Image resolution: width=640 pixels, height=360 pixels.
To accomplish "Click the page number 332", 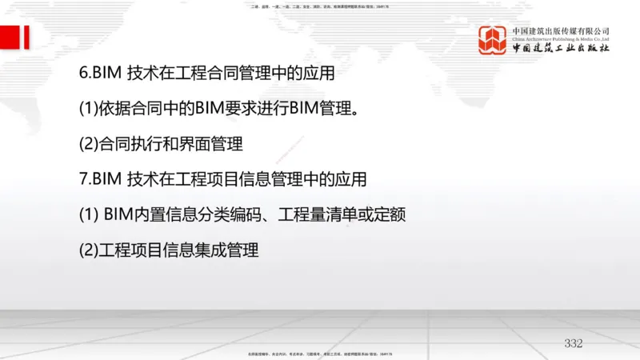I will (574, 343).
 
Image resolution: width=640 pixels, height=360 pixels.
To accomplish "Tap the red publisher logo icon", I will (494, 40).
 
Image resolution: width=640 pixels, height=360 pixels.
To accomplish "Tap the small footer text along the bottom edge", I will (319, 354).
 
